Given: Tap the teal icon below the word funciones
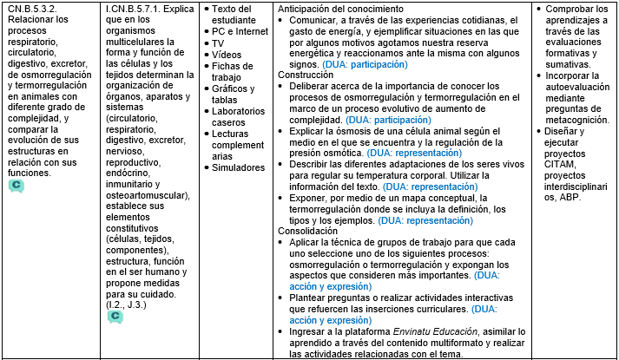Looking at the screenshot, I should coord(16,186).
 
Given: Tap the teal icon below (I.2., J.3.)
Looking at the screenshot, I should coord(115,317).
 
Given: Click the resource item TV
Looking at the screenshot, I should coord(220,42).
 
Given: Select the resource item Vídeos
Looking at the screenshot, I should coord(227,54).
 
